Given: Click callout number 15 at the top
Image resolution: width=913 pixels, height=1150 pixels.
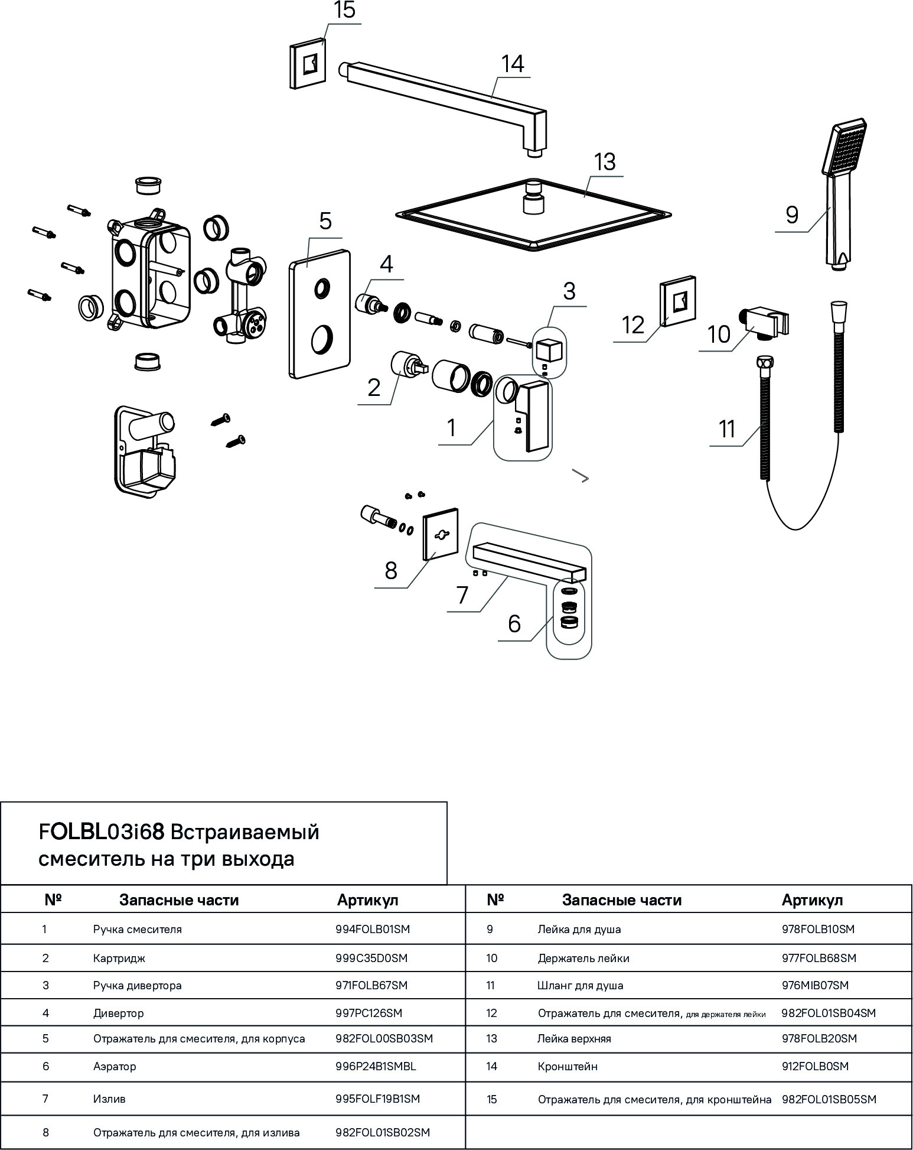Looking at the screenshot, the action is (344, 11).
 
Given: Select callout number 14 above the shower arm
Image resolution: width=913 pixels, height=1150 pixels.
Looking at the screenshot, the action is (513, 64).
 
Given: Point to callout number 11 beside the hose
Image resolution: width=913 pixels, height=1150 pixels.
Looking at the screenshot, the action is (727, 428).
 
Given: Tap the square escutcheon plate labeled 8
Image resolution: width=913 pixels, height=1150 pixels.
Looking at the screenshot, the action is (441, 534).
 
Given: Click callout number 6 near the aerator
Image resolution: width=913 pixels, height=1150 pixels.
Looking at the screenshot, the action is (514, 623).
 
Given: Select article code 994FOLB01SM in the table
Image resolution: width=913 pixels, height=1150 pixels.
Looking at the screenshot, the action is (373, 929).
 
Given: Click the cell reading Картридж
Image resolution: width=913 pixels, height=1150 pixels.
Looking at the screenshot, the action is (119, 959).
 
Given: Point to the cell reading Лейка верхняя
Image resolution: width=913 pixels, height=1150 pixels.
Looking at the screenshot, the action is (574, 1038).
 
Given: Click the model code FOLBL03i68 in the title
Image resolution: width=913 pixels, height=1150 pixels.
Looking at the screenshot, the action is (101, 832).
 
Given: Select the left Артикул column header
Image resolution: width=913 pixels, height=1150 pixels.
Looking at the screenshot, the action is (368, 900).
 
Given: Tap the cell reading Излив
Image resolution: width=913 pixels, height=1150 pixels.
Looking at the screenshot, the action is (109, 1099).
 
